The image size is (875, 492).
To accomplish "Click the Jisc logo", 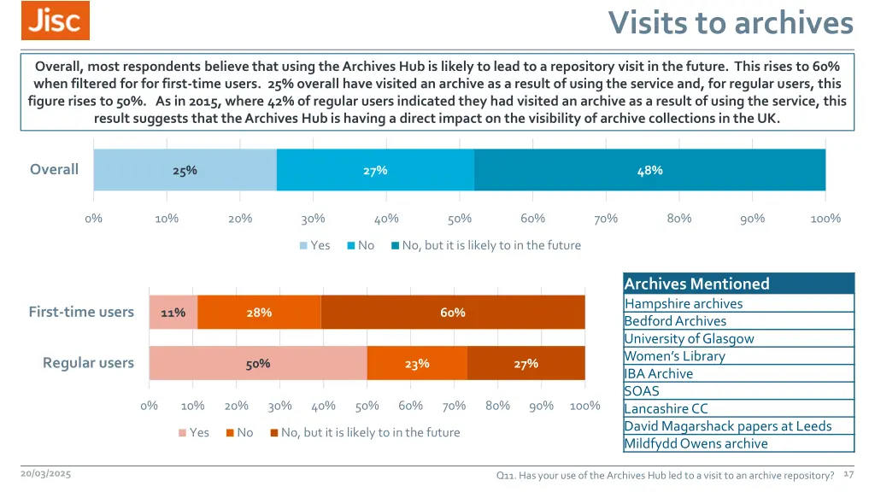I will tap(56, 20).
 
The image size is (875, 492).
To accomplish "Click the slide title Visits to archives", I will tap(731, 23).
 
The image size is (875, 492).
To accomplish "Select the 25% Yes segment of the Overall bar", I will tap(185, 170).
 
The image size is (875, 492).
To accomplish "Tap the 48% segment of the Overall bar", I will tap(649, 170).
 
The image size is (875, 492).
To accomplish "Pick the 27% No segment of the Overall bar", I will tap(375, 170).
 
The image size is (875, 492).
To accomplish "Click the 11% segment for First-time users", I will tap(173, 313).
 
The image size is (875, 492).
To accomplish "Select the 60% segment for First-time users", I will tap(453, 313).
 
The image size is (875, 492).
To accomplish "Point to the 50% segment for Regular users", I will tap(258, 364).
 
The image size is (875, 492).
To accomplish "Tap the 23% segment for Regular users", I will tap(417, 364).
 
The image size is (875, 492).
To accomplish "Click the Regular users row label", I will tap(88, 363).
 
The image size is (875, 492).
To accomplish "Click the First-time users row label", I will tap(81, 312).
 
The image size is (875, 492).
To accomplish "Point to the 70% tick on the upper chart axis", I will tap(606, 219).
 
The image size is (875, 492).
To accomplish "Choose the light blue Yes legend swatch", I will tap(303, 246).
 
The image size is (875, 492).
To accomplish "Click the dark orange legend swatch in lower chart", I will tap(274, 433).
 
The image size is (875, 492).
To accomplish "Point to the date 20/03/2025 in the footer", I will tap(46, 473).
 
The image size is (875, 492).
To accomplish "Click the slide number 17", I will tap(849, 473).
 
